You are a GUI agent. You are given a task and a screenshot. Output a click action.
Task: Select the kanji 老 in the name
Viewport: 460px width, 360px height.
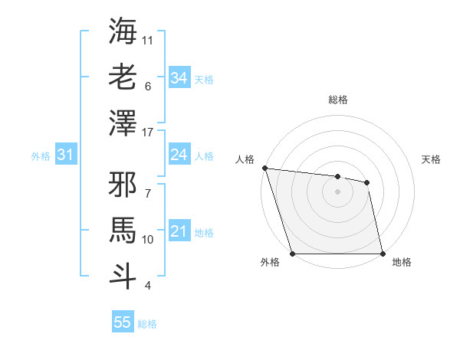pyautogui.click(x=123, y=77)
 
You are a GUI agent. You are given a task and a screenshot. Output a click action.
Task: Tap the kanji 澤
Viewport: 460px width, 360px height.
pyautogui.click(x=123, y=122)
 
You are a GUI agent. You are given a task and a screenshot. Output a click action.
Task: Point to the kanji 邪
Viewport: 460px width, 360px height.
pyautogui.click(x=123, y=186)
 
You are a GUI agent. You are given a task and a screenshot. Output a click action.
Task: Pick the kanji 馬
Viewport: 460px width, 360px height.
pyautogui.click(x=123, y=230)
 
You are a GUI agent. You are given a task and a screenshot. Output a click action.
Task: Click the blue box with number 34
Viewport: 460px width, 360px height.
pyautogui.click(x=179, y=78)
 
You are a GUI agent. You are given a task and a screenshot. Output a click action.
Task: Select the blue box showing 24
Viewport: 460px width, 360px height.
pyautogui.click(x=179, y=155)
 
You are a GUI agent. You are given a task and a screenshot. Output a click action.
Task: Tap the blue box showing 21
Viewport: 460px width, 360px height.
pyautogui.click(x=179, y=231)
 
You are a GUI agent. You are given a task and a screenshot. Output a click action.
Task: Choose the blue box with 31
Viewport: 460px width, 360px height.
pyautogui.click(x=65, y=155)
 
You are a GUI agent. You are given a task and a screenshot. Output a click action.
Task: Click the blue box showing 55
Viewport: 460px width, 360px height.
pyautogui.click(x=123, y=322)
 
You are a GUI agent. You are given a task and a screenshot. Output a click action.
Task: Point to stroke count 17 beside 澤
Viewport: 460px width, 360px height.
pyautogui.click(x=149, y=133)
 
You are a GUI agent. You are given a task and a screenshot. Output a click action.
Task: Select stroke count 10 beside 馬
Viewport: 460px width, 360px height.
pyautogui.click(x=149, y=240)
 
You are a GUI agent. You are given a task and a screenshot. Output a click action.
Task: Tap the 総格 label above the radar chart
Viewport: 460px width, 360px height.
pyautogui.click(x=337, y=100)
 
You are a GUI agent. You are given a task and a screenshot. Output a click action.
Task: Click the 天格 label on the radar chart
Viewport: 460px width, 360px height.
pyautogui.click(x=432, y=159)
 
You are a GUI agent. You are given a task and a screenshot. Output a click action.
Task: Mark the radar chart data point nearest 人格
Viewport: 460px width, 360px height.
pyautogui.click(x=264, y=168)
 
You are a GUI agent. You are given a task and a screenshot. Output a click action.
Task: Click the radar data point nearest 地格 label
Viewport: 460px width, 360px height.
pyautogui.click(x=383, y=253)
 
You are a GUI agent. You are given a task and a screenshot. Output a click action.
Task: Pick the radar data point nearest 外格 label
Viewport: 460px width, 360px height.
pyautogui.click(x=292, y=253)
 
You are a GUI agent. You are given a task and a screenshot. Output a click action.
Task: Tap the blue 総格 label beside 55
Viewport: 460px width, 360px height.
pyautogui.click(x=147, y=324)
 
